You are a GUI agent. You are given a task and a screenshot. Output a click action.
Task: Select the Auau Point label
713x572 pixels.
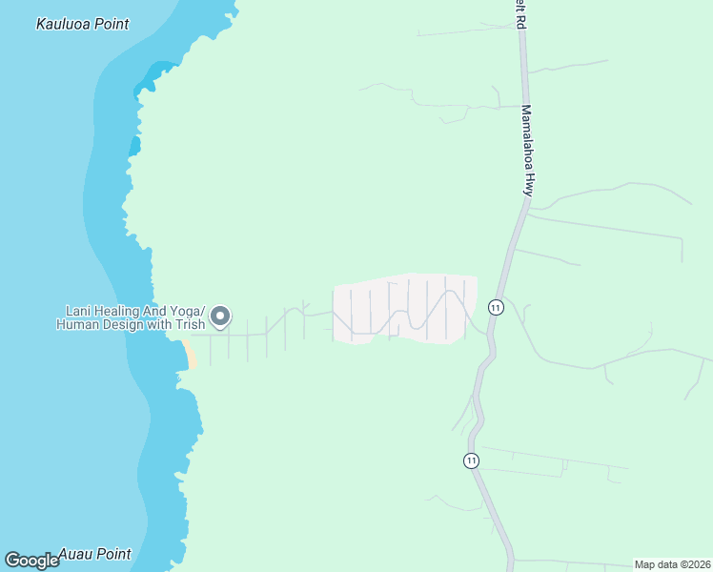94,554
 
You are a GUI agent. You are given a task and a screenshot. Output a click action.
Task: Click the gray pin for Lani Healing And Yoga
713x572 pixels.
220,317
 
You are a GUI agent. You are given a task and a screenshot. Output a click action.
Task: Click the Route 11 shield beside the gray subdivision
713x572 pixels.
496,307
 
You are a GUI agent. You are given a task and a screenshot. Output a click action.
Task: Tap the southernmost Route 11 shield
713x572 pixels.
471,460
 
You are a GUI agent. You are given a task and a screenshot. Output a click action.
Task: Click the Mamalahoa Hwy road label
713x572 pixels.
526,150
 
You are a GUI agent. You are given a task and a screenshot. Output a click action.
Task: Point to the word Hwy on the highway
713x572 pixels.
527,183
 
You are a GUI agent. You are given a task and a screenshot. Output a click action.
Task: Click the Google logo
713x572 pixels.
32,561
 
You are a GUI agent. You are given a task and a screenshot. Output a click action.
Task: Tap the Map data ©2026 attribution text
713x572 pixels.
673,564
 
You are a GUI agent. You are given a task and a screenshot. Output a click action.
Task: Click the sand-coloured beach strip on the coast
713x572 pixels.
190,354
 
